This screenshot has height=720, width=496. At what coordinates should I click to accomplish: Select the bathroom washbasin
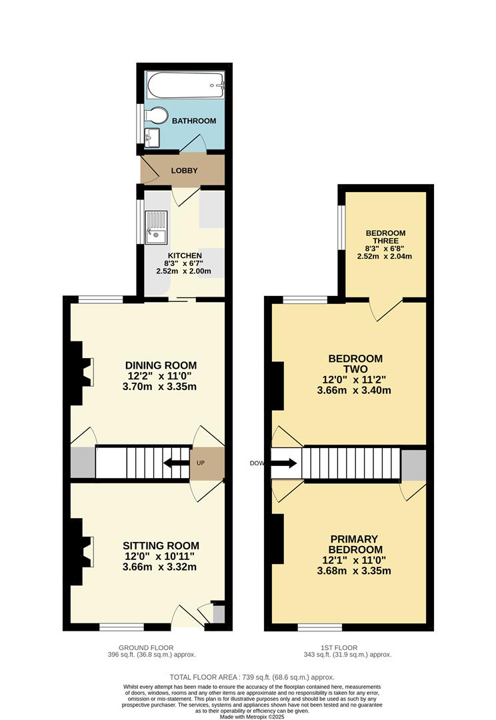151,138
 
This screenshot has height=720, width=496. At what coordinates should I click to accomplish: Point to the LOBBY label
184,171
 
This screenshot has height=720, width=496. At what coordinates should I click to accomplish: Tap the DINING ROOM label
161,365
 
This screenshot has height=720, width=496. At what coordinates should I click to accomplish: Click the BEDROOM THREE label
385,237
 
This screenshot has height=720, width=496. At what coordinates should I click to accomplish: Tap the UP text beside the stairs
201,463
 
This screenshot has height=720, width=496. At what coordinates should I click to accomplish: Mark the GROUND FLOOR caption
146,647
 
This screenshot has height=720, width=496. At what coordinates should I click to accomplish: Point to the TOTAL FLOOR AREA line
248,675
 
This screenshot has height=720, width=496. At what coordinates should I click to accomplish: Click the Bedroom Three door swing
387,309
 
